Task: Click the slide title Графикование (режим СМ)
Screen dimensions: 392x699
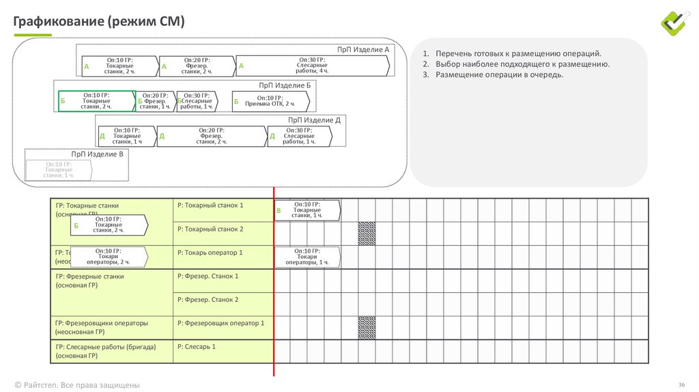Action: (100, 22)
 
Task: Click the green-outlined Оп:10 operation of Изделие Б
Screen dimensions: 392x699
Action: (97, 100)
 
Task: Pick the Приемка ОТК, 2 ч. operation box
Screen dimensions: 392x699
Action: (271, 101)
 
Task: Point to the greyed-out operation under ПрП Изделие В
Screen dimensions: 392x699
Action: (59, 170)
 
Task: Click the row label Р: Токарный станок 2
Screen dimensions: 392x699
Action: (210, 229)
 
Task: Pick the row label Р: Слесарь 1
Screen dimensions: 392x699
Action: (197, 347)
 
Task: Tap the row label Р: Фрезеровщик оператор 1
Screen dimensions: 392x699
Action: (220, 323)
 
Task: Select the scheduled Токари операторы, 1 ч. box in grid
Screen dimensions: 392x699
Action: (306, 257)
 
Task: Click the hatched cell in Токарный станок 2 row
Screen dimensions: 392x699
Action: (367, 234)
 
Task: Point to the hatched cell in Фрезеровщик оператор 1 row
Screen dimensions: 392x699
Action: (367, 327)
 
